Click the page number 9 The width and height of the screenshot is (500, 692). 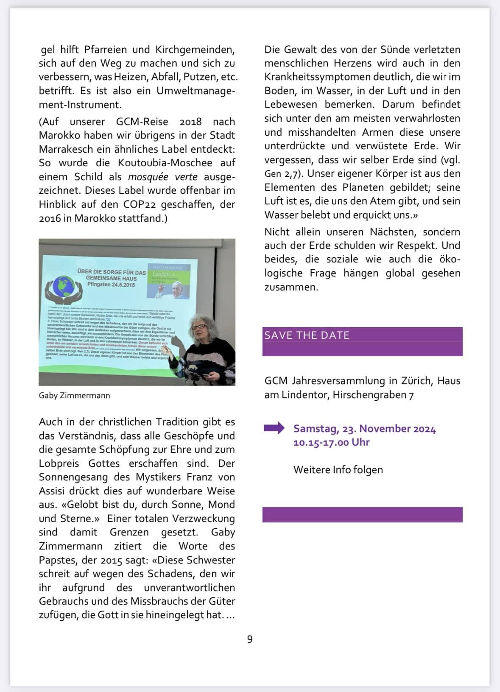tap(250, 639)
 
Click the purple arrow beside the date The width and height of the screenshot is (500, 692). tap(274, 428)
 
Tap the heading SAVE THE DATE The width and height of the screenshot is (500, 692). tap(307, 335)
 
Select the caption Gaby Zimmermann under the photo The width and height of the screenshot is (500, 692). tap(74, 395)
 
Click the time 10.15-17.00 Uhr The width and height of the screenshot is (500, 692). tap(331, 442)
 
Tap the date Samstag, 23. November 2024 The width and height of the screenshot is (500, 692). tap(364, 429)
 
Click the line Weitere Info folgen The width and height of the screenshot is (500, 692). tap(338, 470)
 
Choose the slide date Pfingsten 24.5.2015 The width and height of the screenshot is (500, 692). tap(111, 285)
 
